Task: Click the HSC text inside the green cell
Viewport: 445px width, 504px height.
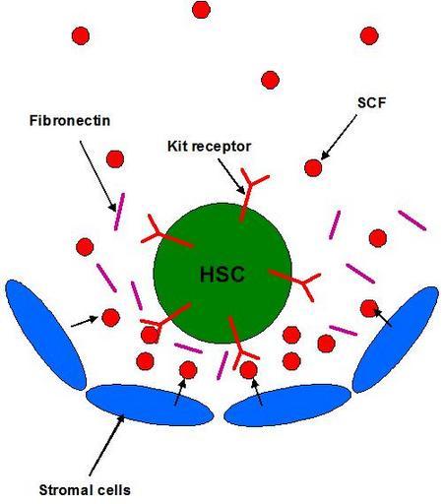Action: (x=222, y=275)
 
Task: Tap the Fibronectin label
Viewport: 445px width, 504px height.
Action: (x=70, y=120)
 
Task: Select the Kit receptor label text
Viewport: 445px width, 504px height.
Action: (x=209, y=147)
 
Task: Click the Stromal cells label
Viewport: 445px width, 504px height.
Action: (x=85, y=490)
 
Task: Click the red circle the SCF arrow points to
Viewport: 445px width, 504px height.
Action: (x=313, y=167)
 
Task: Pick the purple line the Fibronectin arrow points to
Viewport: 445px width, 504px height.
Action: (x=119, y=212)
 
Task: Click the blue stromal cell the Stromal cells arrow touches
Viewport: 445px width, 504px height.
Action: (x=150, y=405)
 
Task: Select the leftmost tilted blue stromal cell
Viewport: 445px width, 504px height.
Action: (x=45, y=335)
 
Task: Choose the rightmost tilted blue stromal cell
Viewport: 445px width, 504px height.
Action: (x=396, y=340)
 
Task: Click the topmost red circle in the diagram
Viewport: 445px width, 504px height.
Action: (x=201, y=10)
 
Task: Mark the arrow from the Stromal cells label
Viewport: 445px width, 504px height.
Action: (x=106, y=445)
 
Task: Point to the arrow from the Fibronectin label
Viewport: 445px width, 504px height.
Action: (x=97, y=176)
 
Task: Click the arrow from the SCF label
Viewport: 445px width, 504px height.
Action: (x=339, y=137)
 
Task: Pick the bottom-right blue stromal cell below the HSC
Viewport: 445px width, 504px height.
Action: (x=287, y=405)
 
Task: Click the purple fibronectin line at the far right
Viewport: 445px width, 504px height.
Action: (x=413, y=220)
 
